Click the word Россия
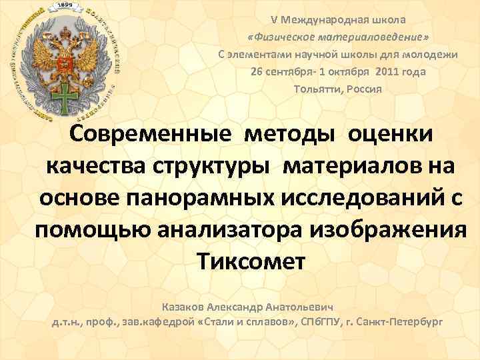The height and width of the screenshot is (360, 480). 364,89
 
